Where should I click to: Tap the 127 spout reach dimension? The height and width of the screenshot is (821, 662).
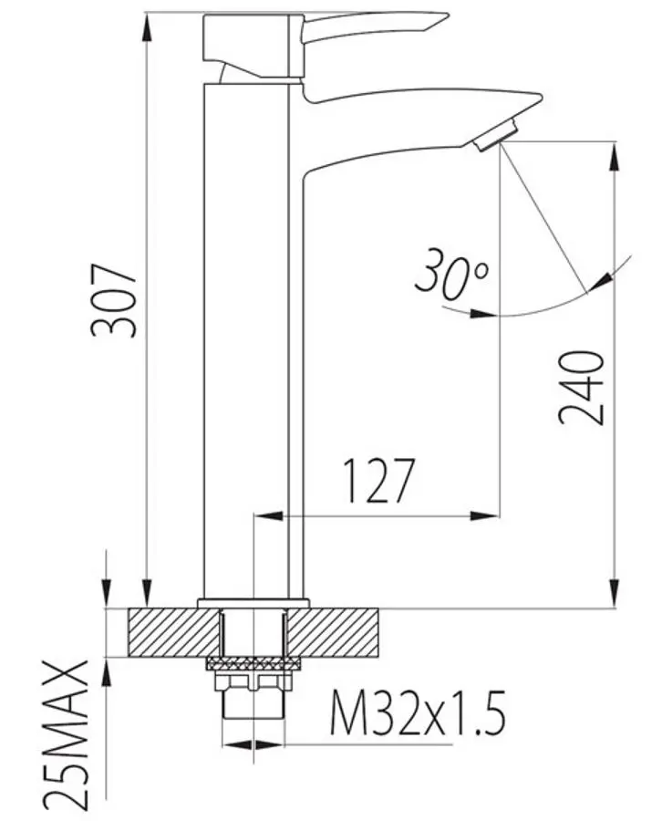point(379,481)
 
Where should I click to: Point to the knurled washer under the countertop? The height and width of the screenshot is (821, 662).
point(253,662)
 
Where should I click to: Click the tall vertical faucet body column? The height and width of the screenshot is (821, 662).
point(252,338)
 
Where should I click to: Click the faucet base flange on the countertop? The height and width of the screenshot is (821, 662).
point(253,602)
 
